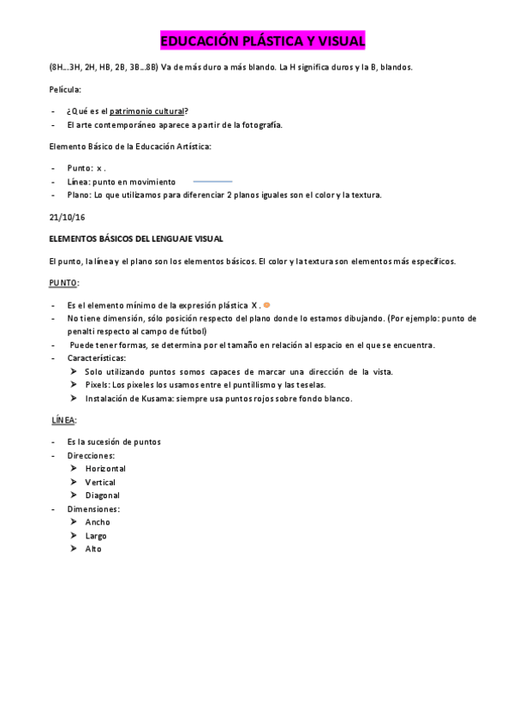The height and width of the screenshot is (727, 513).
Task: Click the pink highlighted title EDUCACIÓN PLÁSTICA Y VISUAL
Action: click(x=262, y=41)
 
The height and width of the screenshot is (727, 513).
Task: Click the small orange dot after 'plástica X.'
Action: click(x=267, y=305)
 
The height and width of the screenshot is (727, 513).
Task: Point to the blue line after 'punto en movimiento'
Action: click(x=212, y=182)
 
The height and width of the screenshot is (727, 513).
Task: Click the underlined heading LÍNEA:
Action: click(x=64, y=420)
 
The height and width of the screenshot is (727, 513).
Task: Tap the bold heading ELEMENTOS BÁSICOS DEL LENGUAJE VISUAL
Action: click(x=137, y=238)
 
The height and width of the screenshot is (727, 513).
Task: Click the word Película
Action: click(x=67, y=89)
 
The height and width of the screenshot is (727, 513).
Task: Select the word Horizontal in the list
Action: click(x=105, y=469)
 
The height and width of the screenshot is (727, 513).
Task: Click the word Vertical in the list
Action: click(x=100, y=483)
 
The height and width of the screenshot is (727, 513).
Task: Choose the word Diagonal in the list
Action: click(x=102, y=496)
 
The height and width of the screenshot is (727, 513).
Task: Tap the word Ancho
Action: click(x=98, y=522)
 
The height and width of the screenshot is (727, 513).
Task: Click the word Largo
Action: click(x=96, y=536)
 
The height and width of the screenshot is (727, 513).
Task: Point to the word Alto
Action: click(x=93, y=549)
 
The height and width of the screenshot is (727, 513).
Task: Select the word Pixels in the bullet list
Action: click(x=98, y=385)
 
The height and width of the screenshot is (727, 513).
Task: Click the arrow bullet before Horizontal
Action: click(x=74, y=469)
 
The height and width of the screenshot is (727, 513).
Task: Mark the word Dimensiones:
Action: click(x=93, y=509)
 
